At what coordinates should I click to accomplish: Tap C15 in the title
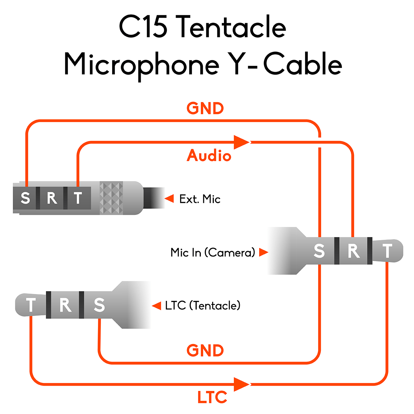coord(143,27)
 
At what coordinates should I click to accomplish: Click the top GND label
coord(205,108)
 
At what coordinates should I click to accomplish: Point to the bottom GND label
coord(205,351)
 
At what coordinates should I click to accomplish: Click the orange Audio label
coord(209,156)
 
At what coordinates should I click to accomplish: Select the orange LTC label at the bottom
coord(212,397)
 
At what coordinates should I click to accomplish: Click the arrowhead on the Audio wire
coord(241,142)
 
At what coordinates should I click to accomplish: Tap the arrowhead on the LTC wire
coord(241,384)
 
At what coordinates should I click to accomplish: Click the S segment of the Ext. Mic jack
coord(25,198)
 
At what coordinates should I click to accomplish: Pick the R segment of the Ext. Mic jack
coord(52,198)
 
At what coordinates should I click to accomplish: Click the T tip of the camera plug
coord(388,251)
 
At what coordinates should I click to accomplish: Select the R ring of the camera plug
coord(354,251)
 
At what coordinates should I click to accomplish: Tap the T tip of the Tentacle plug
coord(31,305)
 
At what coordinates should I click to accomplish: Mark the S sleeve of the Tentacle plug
coord(99,305)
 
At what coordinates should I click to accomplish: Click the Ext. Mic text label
coord(200,199)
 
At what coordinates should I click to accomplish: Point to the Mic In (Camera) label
coord(213,253)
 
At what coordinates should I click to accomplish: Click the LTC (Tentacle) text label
coord(203,306)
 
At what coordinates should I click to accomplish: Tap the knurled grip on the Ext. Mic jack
coord(111,198)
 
